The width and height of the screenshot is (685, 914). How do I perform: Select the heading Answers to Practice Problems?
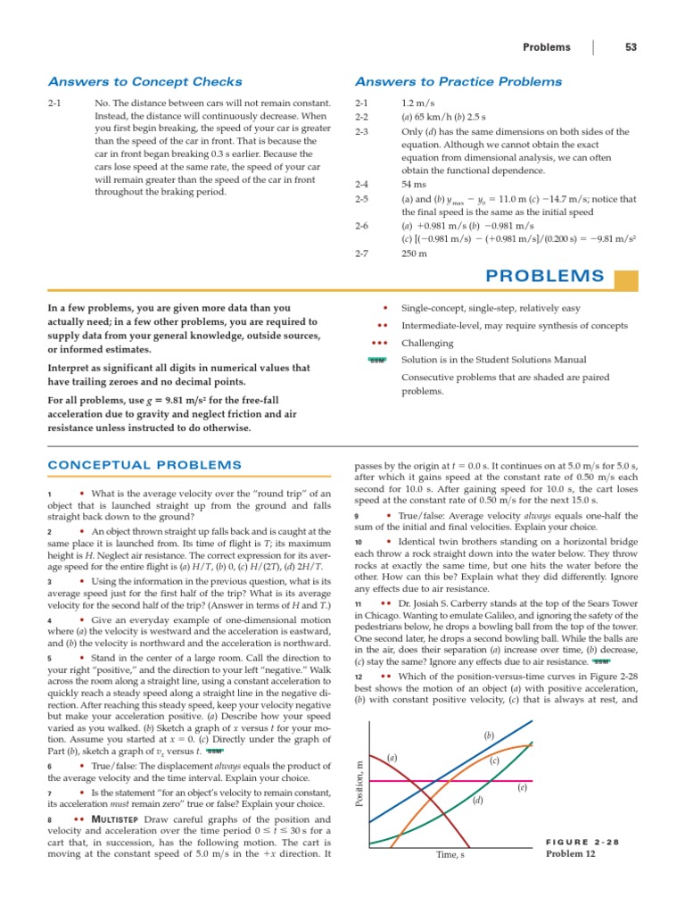458,82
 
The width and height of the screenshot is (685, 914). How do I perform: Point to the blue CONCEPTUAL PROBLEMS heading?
144,465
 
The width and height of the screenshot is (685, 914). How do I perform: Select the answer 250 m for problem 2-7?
414,253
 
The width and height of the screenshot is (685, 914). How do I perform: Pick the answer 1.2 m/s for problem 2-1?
418,104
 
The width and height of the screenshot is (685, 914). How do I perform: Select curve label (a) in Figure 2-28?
392,758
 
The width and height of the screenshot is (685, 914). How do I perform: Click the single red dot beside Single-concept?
384,308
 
